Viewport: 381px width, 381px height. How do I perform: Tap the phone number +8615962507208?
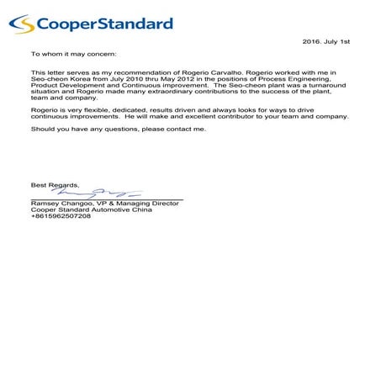pos(61,216)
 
